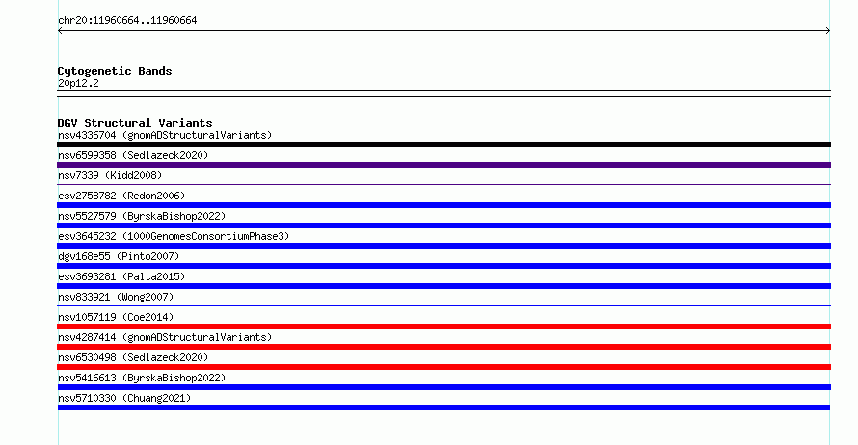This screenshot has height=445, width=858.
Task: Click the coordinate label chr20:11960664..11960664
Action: [127, 21]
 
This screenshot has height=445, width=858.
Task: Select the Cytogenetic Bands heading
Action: [115, 71]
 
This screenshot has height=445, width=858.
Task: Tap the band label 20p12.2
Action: [78, 83]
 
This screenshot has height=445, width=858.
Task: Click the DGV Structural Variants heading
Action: [135, 123]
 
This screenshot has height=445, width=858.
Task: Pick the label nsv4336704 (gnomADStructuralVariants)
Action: [165, 135]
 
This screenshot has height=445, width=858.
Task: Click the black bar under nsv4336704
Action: [443, 144]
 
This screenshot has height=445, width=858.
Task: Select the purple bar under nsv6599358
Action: [443, 165]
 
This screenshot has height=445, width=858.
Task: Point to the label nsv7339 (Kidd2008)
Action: [110, 175]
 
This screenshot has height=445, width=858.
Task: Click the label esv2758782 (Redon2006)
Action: [121, 196]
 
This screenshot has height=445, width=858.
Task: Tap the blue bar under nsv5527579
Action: [443, 225]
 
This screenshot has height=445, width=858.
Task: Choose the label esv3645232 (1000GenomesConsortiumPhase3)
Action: [174, 236]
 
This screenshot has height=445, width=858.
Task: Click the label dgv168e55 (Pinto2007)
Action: [119, 256]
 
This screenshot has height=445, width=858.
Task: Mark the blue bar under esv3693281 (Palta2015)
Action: [443, 286]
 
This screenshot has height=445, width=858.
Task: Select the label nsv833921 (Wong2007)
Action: [116, 297]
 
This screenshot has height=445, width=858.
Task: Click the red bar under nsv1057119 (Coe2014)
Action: [443, 327]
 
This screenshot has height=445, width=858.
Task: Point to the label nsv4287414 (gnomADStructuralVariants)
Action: [165, 337]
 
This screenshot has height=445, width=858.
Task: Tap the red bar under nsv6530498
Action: [443, 367]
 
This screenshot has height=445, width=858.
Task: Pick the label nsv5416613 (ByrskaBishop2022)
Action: [142, 378]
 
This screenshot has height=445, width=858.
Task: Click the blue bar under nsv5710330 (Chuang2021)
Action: [443, 407]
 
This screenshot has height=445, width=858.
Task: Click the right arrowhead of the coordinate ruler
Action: [828, 31]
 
